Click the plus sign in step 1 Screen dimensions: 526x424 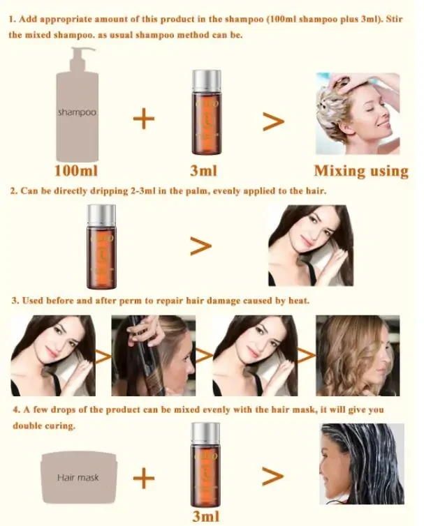[143, 119]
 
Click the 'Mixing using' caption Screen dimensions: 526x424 [360, 171]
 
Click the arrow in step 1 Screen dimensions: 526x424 [273, 121]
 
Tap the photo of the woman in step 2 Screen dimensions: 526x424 [310, 246]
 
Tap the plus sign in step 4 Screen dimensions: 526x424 [143, 478]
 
